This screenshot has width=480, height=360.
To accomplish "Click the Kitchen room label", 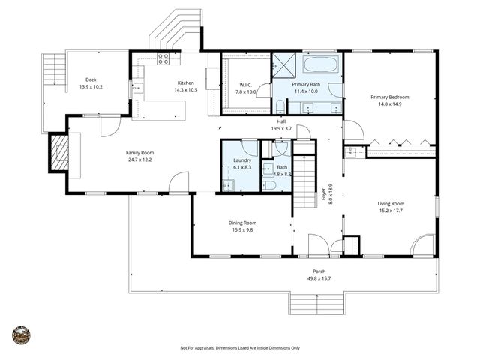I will (185, 82).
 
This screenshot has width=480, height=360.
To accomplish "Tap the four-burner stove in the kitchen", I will (163, 58).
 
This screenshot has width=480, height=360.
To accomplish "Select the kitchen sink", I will (136, 88).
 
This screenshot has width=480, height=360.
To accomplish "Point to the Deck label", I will (91, 79).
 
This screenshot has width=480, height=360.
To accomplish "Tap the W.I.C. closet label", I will (247, 85).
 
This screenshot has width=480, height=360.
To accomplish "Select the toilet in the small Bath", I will (269, 184).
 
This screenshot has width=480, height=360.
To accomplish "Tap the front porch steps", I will (319, 304).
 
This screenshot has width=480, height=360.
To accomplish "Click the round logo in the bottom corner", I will (21, 334).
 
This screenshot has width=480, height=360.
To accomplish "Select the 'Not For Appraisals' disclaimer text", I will (240, 348).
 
